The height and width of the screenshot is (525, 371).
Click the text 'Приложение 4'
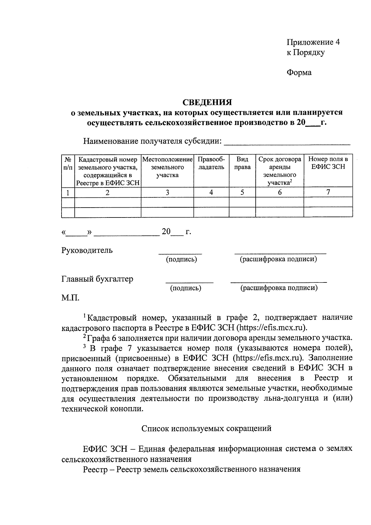coord(313,42)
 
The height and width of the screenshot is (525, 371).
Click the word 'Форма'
coord(299,72)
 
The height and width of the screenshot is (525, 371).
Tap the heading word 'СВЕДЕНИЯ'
coord(207,102)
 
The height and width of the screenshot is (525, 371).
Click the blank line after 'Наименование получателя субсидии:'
coord(287,142)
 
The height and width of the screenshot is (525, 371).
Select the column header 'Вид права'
coord(242,163)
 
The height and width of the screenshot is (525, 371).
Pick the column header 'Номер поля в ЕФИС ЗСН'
coord(328,163)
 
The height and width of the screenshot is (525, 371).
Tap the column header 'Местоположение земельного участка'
coord(167,167)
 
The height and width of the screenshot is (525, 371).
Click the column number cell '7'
coord(328,192)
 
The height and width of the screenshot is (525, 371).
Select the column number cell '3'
coord(167,192)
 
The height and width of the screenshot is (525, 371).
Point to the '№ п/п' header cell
coord(68,163)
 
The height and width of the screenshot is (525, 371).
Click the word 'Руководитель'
coord(87,250)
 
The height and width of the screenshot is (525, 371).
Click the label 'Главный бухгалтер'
coord(97,279)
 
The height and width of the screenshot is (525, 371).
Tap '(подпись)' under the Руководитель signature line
coord(181,260)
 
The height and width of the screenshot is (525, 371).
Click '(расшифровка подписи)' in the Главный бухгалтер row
coord(279,288)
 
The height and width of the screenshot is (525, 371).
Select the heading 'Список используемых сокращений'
coord(207,428)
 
